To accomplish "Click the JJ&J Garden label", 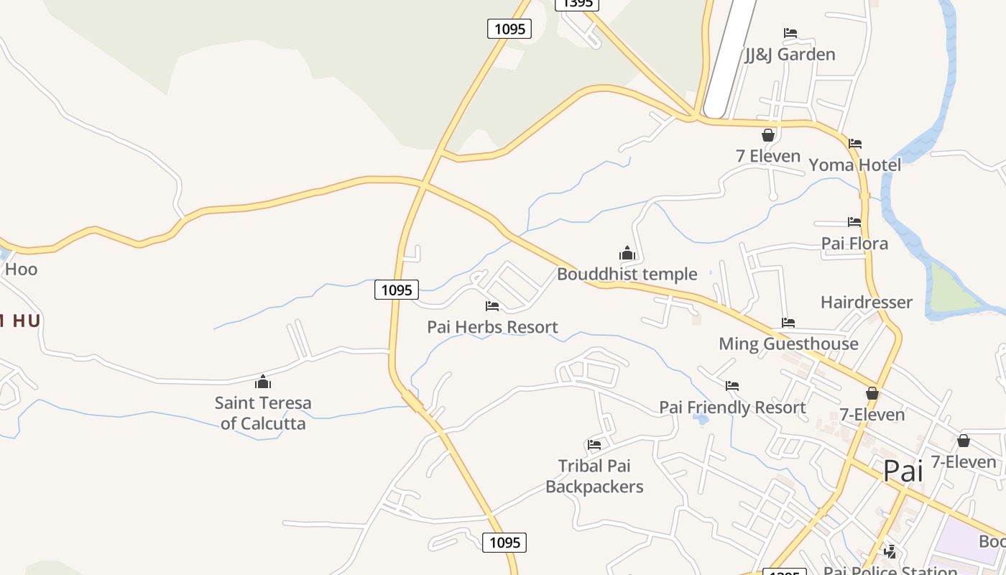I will pyautogui.click(x=790, y=55).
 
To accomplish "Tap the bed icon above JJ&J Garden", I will pyautogui.click(x=790, y=33).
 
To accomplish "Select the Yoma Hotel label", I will pyautogui.click(x=854, y=165).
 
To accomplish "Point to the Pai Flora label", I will pyautogui.click(x=854, y=244).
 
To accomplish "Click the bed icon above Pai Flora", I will pyautogui.click(x=854, y=222).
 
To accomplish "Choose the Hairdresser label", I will pyautogui.click(x=867, y=302).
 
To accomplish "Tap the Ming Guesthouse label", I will pyautogui.click(x=788, y=344).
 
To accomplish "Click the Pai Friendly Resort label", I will pyautogui.click(x=732, y=408).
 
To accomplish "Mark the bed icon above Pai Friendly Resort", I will pyautogui.click(x=732, y=386).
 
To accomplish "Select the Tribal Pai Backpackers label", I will pyautogui.click(x=594, y=477).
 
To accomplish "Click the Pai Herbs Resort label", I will pyautogui.click(x=492, y=327).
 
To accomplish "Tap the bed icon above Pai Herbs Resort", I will pyautogui.click(x=492, y=306).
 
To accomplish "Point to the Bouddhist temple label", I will pyautogui.click(x=627, y=274).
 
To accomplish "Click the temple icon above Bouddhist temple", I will pyautogui.click(x=627, y=253).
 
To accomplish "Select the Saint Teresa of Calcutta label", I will pyautogui.click(x=263, y=413).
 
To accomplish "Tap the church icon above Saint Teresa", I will pyautogui.click(x=263, y=382).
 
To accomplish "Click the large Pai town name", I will pyautogui.click(x=903, y=471).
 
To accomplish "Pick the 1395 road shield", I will pyautogui.click(x=576, y=4).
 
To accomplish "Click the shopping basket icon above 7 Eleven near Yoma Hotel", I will pyautogui.click(x=768, y=135).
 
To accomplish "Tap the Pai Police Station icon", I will pyautogui.click(x=890, y=552).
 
